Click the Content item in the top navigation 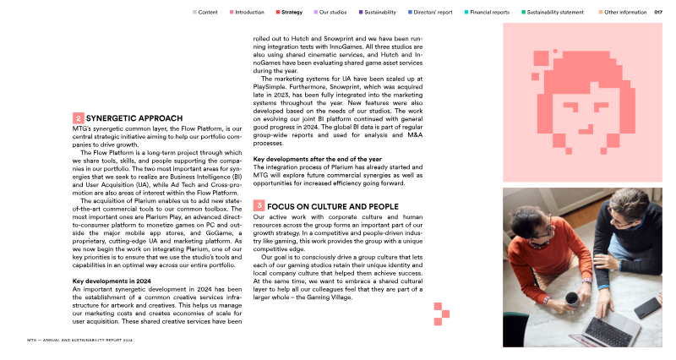coord(207,13)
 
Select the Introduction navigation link coord(249,13)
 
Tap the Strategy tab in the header coord(292,13)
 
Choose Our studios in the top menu coord(334,13)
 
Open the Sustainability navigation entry coord(380,13)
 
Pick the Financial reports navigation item coord(489,13)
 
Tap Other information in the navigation coord(625,13)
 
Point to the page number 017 coord(658,13)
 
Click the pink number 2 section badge coord(78,118)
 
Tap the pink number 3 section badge coord(259,206)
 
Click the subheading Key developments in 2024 coord(112,281)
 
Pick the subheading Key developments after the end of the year coord(317,159)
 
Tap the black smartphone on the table coord(647,306)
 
